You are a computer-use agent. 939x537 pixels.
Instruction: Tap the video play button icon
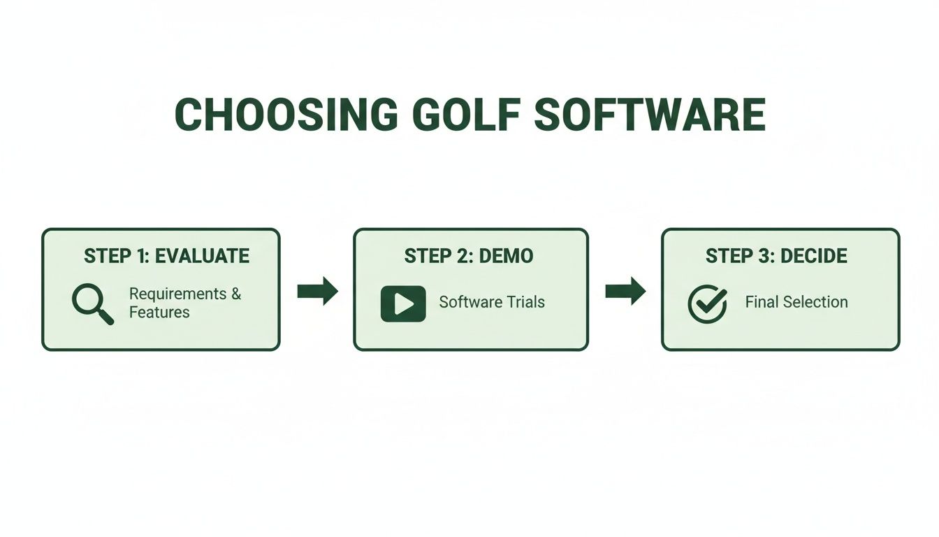(403, 303)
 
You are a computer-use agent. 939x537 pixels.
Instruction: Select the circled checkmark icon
(707, 303)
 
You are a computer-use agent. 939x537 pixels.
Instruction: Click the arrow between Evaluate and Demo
(317, 291)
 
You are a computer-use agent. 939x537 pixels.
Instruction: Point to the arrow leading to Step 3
(625, 291)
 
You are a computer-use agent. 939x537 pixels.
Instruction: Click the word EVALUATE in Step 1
(202, 256)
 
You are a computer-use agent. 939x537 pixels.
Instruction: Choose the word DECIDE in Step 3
(814, 256)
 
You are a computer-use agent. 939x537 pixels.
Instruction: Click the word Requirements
(178, 294)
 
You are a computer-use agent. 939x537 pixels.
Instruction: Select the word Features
(159, 313)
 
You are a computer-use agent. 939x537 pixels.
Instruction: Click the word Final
(760, 302)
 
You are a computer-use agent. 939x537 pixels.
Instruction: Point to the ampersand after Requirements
(236, 294)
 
